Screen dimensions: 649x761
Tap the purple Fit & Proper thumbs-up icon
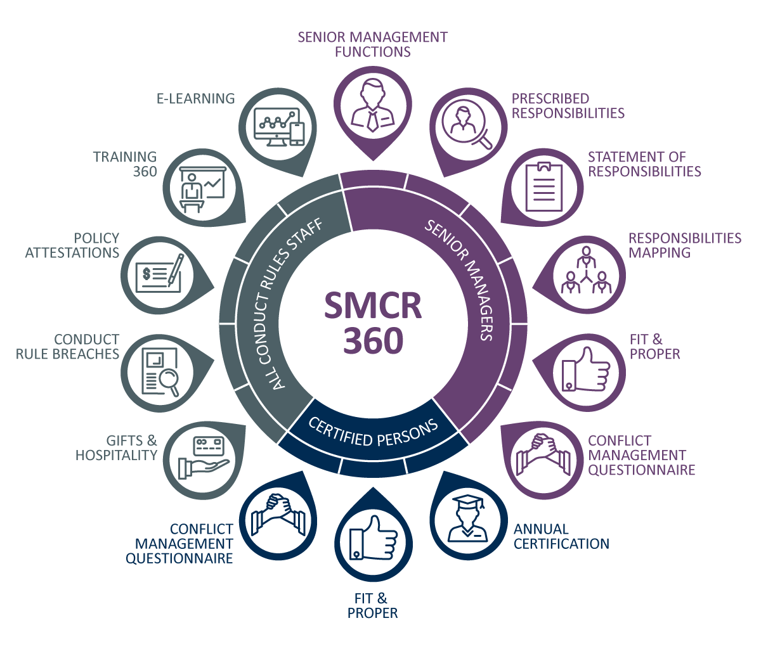(584, 368)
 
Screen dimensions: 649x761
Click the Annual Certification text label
(561, 536)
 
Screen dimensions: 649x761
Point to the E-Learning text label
(195, 99)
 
